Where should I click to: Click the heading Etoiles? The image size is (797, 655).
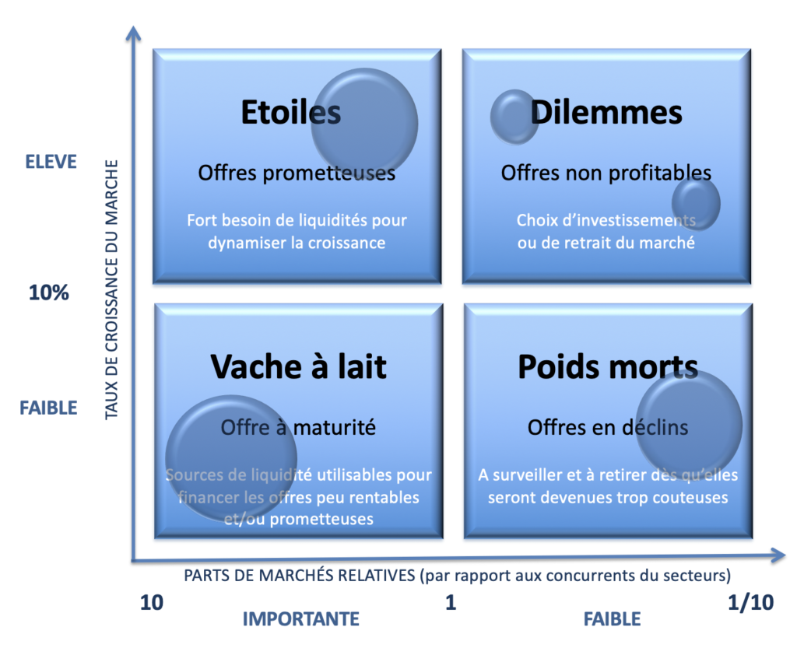point(290,113)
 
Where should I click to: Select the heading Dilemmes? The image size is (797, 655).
point(606,113)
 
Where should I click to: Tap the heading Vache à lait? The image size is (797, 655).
point(298,366)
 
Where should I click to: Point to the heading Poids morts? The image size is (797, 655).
point(608,366)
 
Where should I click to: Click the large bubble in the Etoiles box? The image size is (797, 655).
point(364,122)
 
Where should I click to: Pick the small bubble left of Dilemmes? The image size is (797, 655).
point(514,117)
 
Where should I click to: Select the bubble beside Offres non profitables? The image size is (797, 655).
point(696,203)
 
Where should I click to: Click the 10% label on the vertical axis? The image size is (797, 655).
point(49,293)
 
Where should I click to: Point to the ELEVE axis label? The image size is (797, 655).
point(51,162)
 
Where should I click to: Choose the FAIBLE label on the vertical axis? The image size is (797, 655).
point(48,408)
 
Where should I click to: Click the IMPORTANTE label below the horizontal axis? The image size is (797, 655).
point(300,619)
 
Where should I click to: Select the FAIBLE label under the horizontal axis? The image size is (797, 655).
point(612,619)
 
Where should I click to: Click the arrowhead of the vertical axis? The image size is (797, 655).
point(135,33)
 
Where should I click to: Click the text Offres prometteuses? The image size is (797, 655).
point(297,173)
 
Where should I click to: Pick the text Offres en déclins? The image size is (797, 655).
point(608,427)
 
